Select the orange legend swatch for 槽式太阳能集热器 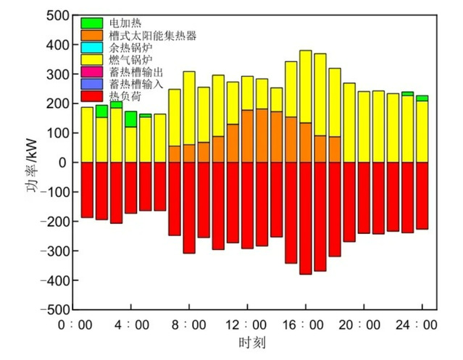tap(91, 34)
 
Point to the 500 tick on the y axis tap(55, 15)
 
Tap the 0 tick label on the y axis tap(63, 162)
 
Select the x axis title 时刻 tap(246, 342)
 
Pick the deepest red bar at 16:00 tap(306, 218)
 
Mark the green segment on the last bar tap(422, 98)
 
